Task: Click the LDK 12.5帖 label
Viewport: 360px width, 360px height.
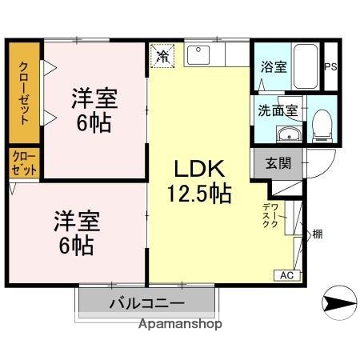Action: [x=199, y=181]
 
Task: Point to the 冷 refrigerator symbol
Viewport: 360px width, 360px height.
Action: [x=162, y=56]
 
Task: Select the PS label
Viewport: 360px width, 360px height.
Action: [x=330, y=67]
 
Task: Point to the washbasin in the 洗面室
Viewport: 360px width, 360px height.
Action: [x=288, y=134]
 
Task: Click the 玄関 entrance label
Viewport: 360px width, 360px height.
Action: [x=278, y=164]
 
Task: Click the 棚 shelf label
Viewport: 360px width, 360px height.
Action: [x=317, y=235]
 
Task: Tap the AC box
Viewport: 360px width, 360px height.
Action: [x=286, y=276]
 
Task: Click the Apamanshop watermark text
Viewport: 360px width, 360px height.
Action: [x=180, y=325]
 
